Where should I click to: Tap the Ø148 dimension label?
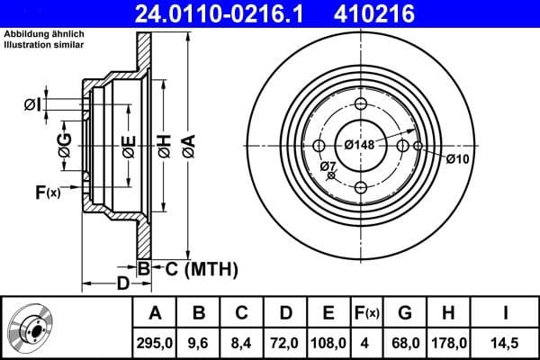coord(360,144)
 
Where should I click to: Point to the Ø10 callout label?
coord(458,158)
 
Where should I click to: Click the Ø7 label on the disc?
coord(328,166)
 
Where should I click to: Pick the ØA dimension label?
coord(187,142)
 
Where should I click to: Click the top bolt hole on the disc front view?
coord(361,104)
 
